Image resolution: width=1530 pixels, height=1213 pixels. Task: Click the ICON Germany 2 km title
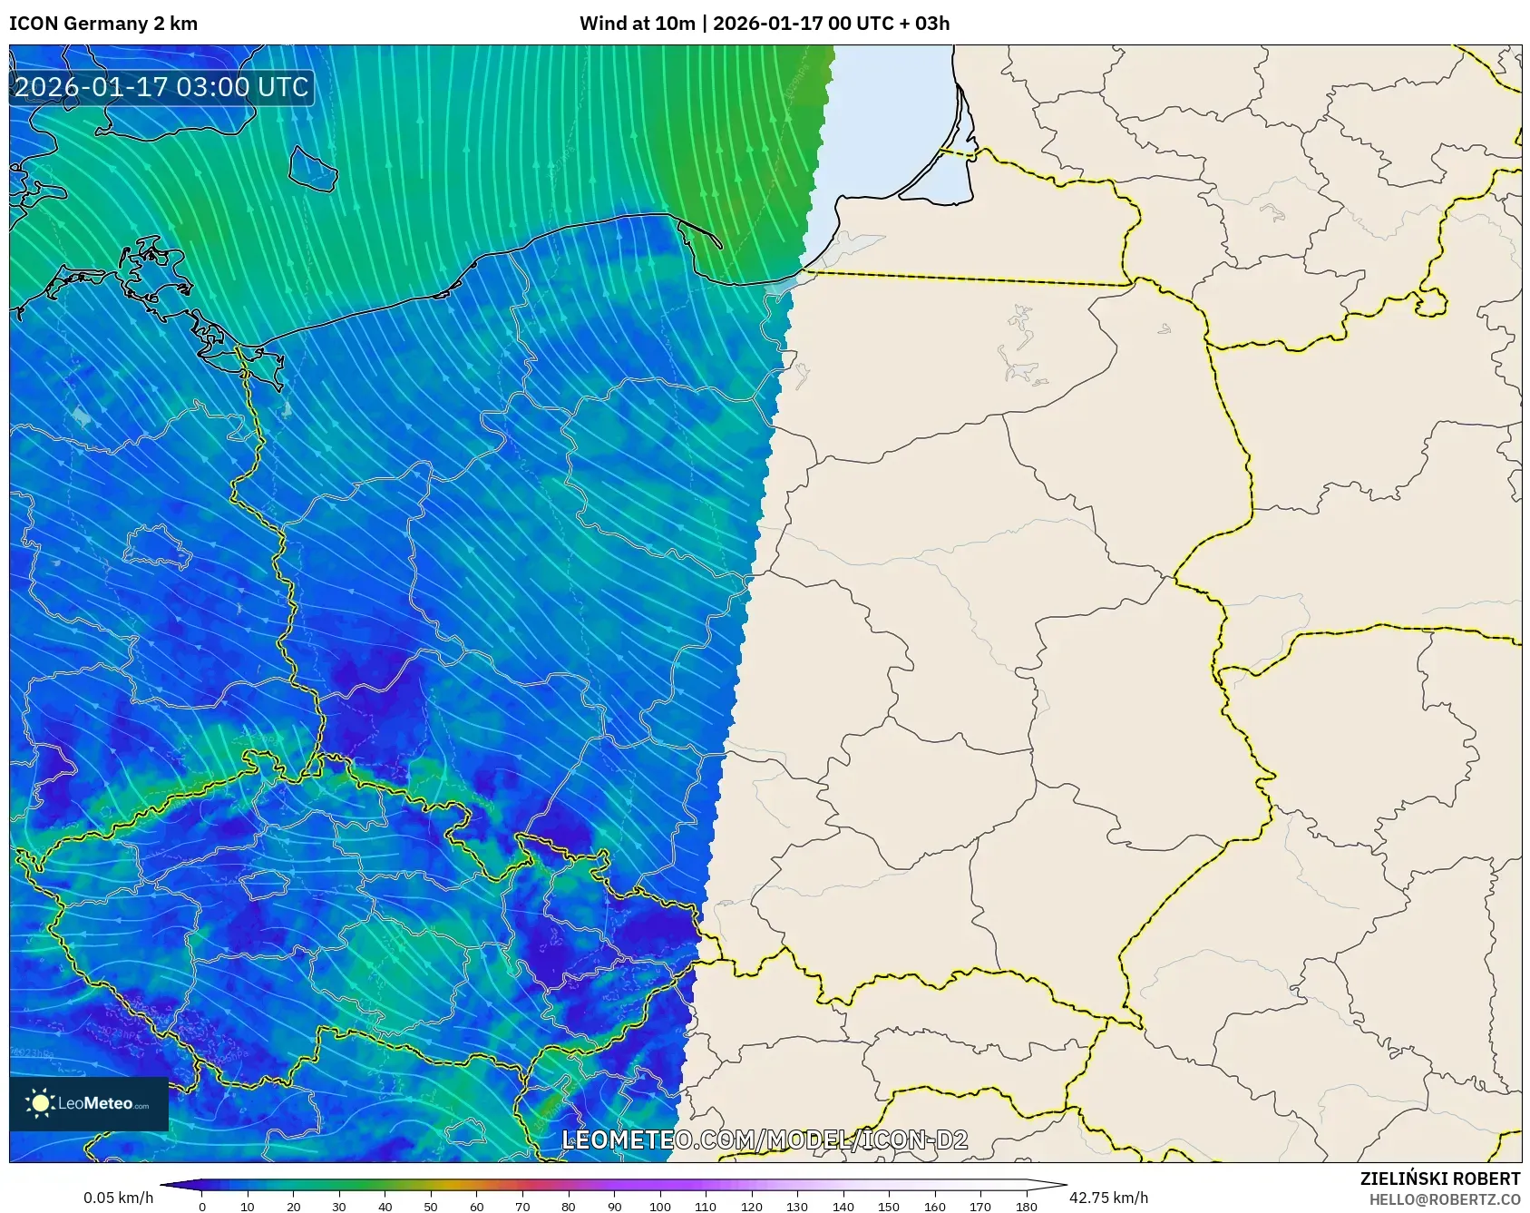(x=103, y=24)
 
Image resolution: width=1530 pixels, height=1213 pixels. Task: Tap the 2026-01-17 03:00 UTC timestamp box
(x=161, y=87)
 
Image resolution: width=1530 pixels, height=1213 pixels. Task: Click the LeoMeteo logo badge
(x=89, y=1103)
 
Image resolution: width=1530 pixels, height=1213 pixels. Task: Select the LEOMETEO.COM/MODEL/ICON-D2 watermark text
(x=765, y=1140)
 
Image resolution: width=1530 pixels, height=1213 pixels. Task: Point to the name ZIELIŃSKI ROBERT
(x=1439, y=1179)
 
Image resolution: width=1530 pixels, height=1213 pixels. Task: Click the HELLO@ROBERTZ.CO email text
(x=1444, y=1199)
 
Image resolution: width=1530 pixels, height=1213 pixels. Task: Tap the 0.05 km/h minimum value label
(x=118, y=1198)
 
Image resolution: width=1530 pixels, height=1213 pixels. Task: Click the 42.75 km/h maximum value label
(x=1108, y=1198)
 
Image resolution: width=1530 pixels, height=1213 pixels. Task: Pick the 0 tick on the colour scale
(x=202, y=1207)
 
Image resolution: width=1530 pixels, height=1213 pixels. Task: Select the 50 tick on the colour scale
(x=431, y=1207)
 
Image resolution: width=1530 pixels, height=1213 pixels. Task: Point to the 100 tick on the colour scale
(x=659, y=1207)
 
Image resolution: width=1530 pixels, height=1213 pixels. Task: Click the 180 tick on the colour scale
(x=1026, y=1207)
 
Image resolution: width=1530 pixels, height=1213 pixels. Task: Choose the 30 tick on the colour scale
(x=339, y=1207)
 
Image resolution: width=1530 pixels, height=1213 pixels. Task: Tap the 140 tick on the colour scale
(x=843, y=1207)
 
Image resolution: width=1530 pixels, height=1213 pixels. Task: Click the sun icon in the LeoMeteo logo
(x=41, y=1103)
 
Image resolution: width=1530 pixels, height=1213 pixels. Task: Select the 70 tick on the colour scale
(x=522, y=1207)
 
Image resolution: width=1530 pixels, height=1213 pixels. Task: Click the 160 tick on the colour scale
(x=934, y=1207)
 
